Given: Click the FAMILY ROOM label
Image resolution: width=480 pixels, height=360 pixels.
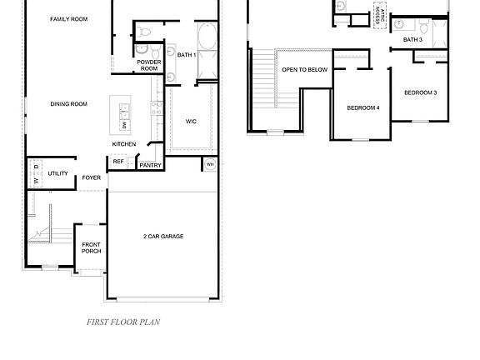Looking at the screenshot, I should [x=68, y=18].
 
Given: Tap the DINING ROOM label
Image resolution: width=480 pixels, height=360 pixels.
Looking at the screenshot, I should [x=68, y=104].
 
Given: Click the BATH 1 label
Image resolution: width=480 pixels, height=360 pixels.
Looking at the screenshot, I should [x=186, y=55].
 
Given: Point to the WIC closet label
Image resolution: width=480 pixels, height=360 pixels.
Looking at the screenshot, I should [x=191, y=122].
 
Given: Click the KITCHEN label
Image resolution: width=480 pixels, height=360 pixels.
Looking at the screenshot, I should [x=124, y=144].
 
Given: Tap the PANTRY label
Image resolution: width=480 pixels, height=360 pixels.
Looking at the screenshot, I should [x=150, y=165].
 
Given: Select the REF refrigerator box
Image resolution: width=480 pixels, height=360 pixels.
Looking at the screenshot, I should [x=130, y=162].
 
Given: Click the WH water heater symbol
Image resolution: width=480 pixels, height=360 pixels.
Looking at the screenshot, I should [x=209, y=165].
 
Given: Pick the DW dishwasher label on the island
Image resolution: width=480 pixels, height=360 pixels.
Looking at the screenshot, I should [x=124, y=124].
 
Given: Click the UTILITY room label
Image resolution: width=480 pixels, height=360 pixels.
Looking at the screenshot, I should [x=57, y=173].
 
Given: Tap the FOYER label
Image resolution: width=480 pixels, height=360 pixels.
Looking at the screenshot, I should [x=91, y=177].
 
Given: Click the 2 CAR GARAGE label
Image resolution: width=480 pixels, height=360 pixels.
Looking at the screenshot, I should [x=163, y=237].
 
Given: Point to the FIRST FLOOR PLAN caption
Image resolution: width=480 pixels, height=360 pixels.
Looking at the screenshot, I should [x=123, y=321].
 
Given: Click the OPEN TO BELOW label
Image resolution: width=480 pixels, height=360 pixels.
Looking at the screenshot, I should [x=304, y=70].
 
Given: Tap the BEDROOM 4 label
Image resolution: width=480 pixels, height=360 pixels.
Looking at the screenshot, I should [x=363, y=107].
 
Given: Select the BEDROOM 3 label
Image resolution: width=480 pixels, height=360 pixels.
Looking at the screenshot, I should [x=420, y=92].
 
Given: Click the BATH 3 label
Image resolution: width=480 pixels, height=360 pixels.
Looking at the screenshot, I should [x=412, y=39].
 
